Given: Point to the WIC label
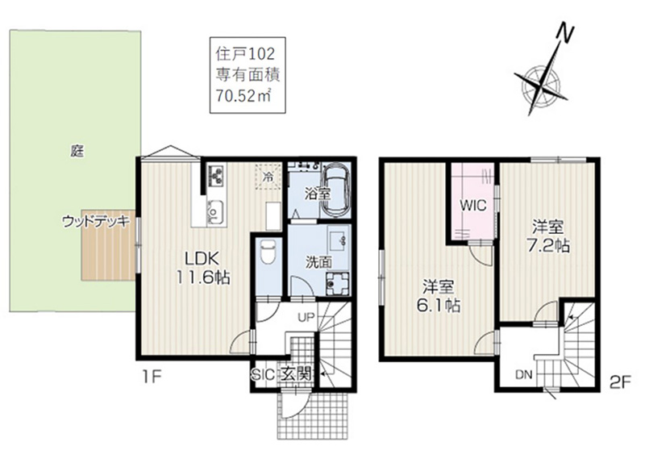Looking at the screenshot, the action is pyautogui.click(x=473, y=206).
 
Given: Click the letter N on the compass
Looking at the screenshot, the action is pyautogui.click(x=565, y=33).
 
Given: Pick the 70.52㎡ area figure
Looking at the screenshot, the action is pyautogui.click(x=243, y=97).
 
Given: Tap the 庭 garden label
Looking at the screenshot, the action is pyautogui.click(x=77, y=152).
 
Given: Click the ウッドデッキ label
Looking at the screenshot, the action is pyautogui.click(x=96, y=222).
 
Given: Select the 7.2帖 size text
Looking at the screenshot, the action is pyautogui.click(x=548, y=246).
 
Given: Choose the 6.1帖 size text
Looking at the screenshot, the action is pyautogui.click(x=439, y=305).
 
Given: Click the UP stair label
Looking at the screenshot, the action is pyautogui.click(x=306, y=317).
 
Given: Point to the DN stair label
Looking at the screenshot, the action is pyautogui.click(x=524, y=374).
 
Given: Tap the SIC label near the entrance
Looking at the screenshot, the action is pyautogui.click(x=264, y=374).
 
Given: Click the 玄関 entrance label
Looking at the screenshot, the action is pyautogui.click(x=296, y=374).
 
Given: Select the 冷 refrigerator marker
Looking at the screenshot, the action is pyautogui.click(x=268, y=177).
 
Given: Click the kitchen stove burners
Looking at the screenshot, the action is pyautogui.click(x=216, y=176).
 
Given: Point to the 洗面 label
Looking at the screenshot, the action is pyautogui.click(x=318, y=262).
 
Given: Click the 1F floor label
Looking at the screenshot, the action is pyautogui.click(x=152, y=377).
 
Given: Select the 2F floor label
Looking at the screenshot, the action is pyautogui.click(x=620, y=383).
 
